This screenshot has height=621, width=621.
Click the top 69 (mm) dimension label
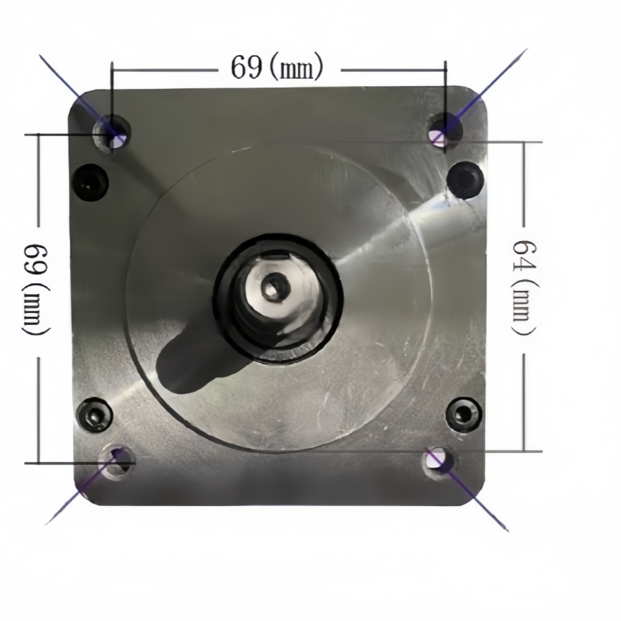(x=277, y=67)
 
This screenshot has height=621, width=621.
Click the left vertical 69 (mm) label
(x=37, y=291)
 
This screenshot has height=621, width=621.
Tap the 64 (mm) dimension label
(x=524, y=288)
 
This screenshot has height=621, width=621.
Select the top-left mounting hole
(x=112, y=133)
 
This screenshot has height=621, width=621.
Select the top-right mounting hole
(x=445, y=130)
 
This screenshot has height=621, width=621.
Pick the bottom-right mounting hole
(x=438, y=463)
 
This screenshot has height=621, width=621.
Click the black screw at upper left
(x=91, y=183)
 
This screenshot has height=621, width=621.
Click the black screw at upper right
(x=465, y=180)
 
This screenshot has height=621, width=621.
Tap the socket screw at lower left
(x=94, y=415)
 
